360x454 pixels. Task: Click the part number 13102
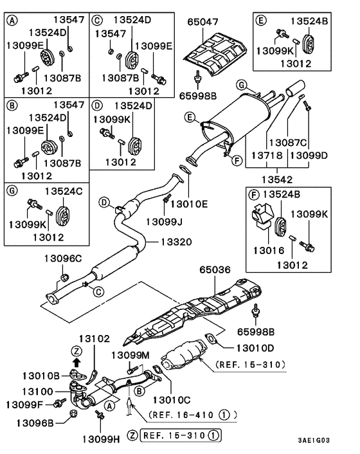click(x=94, y=338)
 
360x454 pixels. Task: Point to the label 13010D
click(x=241, y=347)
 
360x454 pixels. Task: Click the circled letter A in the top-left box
click(x=12, y=20)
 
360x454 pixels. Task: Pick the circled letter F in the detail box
click(x=255, y=194)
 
